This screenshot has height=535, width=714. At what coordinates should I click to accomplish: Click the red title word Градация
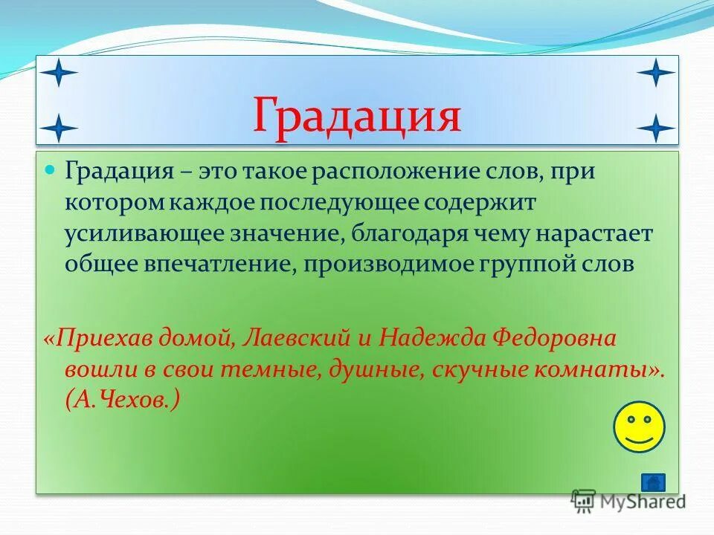[x=357, y=116]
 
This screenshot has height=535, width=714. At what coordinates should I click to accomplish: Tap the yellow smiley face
[x=638, y=427]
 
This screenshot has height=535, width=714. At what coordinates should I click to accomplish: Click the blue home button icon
[x=653, y=482]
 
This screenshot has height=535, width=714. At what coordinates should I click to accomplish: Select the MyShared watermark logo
[x=628, y=501]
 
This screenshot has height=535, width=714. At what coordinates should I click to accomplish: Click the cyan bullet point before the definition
[x=51, y=170]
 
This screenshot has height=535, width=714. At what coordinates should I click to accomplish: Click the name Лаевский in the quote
[x=286, y=339]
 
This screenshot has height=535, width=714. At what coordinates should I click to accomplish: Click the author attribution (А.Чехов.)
[x=122, y=401]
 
